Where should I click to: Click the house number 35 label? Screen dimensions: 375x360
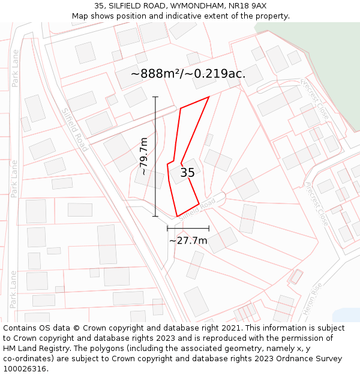pos(187,173)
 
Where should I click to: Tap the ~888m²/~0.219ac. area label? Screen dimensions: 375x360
pos(188,74)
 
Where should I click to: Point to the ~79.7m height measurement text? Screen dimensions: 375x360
pos(145,156)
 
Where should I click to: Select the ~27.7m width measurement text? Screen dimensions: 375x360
pos(188,241)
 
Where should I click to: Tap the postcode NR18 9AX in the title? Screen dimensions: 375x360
pos(248,5)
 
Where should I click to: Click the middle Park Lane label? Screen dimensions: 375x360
pos(14,178)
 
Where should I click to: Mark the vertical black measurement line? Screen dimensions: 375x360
pos(155,156)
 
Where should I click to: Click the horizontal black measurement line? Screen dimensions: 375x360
pos(188,229)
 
